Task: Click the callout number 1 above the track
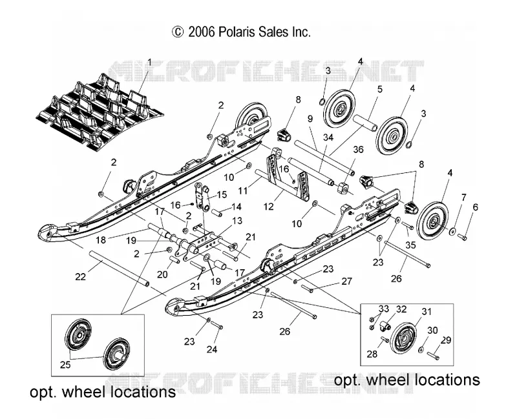150,62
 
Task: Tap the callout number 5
380,89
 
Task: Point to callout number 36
358,150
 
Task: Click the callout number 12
269,207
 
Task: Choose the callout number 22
80,277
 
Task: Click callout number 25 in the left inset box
65,365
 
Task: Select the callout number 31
427,311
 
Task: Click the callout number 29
446,340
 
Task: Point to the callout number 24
212,349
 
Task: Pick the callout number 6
475,207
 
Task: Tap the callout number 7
463,198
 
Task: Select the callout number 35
410,245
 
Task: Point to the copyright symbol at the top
177,32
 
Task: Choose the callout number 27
347,281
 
